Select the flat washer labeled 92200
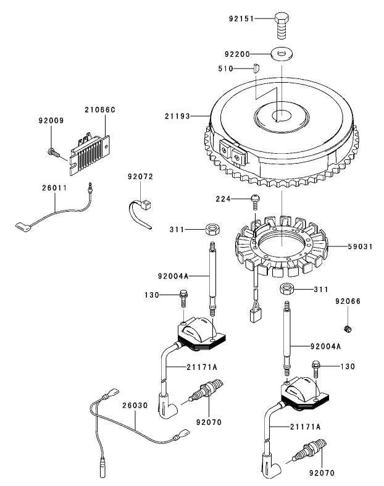[283, 56]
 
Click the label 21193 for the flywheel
[178, 115]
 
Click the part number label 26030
[134, 405]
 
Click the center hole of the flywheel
[281, 115]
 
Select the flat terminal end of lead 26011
[22, 228]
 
